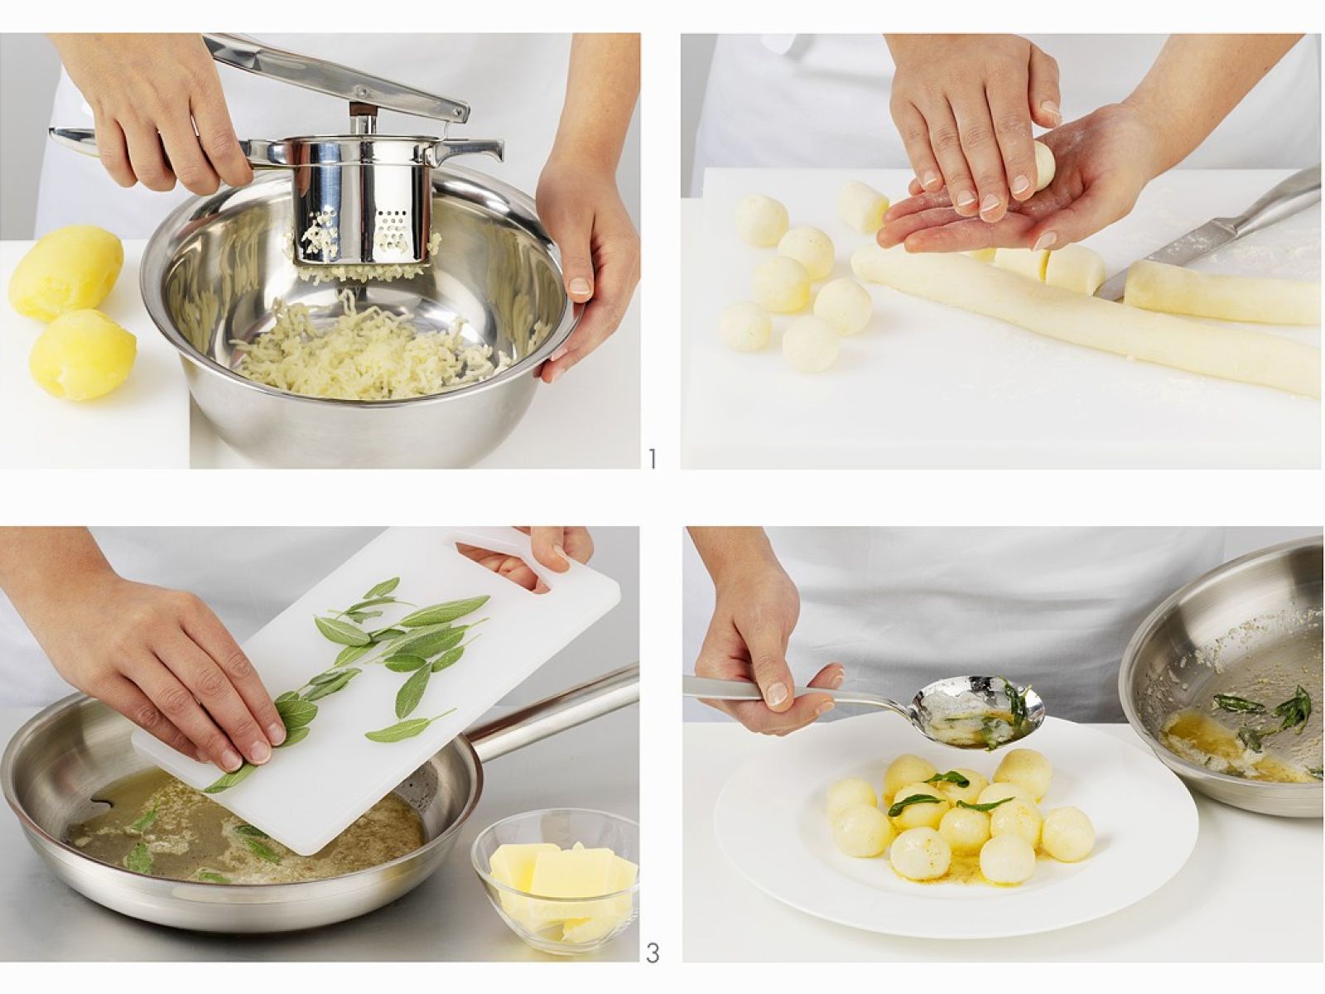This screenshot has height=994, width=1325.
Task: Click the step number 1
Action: coord(651,459)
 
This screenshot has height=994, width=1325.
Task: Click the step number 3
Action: coord(652,953)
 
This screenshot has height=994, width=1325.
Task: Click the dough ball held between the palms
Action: coord(1043,166)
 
